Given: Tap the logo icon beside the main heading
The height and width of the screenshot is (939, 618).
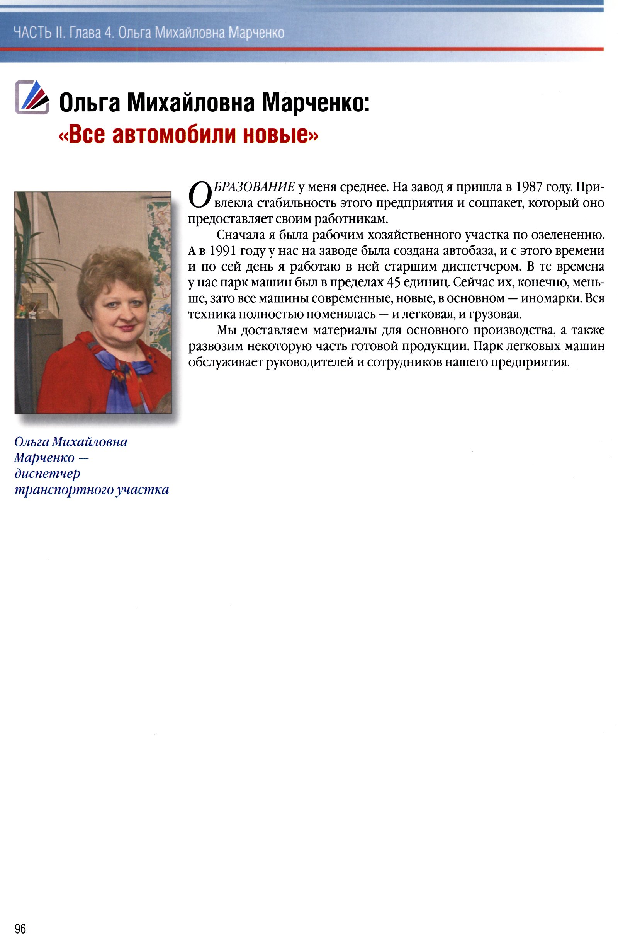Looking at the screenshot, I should click(32, 97).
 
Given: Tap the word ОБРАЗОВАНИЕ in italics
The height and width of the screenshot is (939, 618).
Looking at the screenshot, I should click(254, 187).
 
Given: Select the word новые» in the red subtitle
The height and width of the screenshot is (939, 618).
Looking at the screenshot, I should click(279, 134).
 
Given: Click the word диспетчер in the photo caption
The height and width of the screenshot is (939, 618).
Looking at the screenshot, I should click(47, 474).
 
